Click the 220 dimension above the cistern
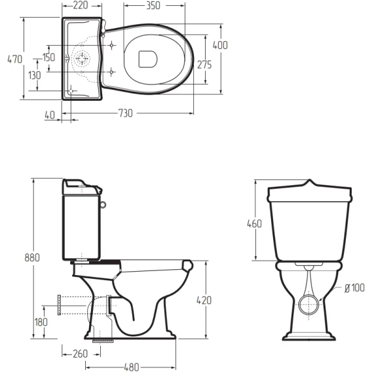tap(81, 5)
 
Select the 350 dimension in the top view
tap(153, 5)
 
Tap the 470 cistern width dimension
tap(14, 60)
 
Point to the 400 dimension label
tap(220, 45)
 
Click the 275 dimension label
tap(204, 65)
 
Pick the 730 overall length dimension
tap(126, 113)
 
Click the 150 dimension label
tap(48, 57)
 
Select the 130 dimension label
tap(35, 75)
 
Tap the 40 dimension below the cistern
tap(50, 115)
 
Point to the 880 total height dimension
tap(32, 257)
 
